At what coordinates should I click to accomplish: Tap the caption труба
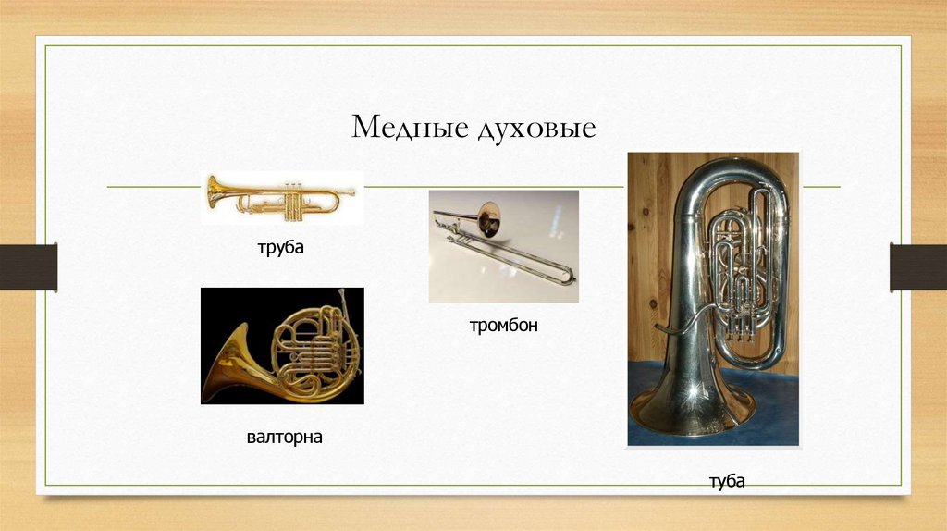pos(281,248)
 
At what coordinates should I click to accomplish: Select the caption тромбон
pos(502,325)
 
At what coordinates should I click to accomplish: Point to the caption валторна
pos(284,436)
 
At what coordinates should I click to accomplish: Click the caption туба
pos(727,481)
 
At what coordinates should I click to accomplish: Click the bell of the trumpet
pos(215,190)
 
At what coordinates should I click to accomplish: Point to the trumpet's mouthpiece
pos(350,192)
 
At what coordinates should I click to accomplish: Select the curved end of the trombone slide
pos(570,275)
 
